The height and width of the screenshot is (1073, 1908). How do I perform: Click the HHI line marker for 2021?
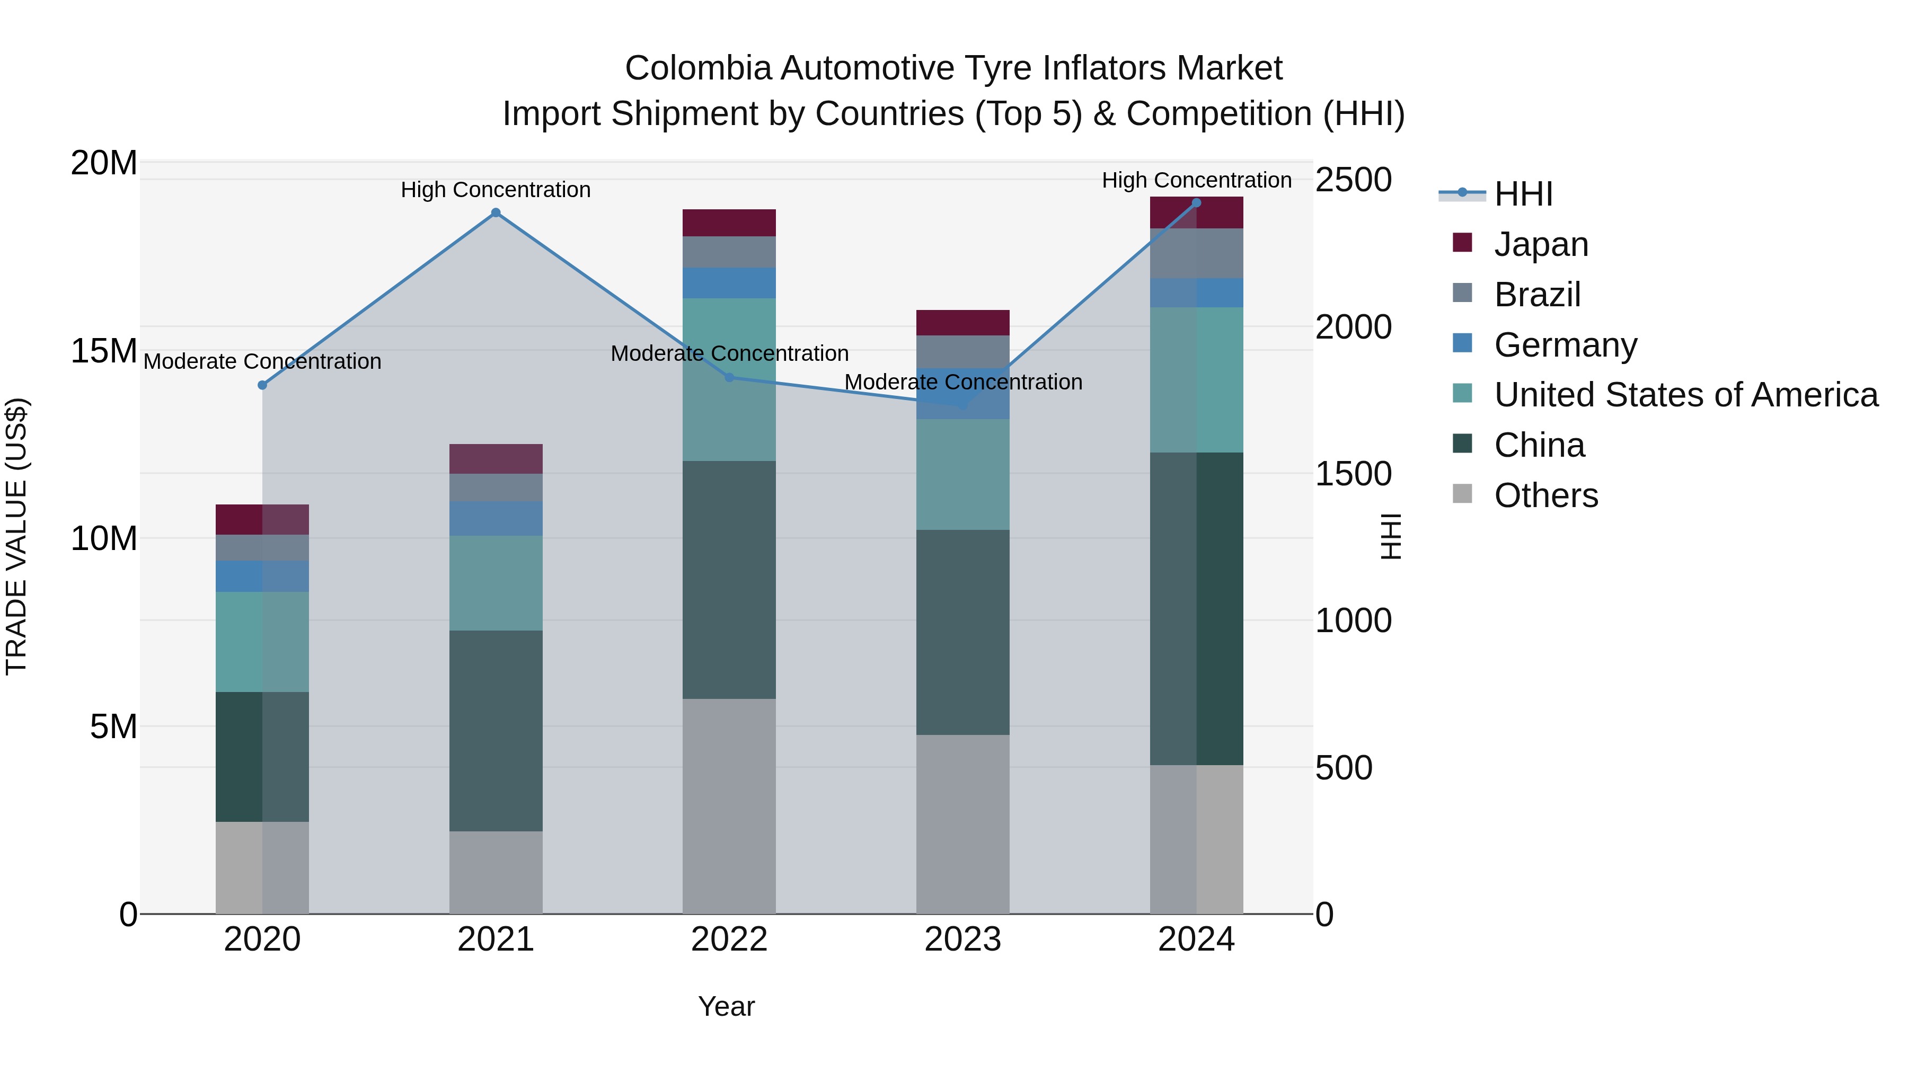tap(496, 213)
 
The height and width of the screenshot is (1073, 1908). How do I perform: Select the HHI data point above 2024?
tap(1196, 203)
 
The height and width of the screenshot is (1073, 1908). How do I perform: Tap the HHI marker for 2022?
tap(729, 378)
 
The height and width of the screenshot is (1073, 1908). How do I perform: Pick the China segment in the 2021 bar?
tap(496, 730)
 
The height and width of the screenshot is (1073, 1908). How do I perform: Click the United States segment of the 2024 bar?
tap(1196, 379)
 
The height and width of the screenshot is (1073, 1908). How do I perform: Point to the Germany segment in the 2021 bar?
tap(496, 518)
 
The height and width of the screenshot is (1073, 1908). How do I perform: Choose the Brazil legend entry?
tap(1537, 295)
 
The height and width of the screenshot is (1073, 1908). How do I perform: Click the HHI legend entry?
tap(1522, 194)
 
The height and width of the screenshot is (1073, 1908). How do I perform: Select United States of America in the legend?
tap(1685, 395)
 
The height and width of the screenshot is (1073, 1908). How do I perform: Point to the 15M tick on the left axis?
tap(104, 351)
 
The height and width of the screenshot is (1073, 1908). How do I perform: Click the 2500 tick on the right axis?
tap(1353, 180)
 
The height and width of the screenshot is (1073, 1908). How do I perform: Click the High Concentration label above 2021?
tap(496, 190)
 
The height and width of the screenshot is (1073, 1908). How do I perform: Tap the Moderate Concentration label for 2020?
tap(262, 362)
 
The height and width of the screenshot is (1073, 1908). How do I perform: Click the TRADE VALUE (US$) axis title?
tap(16, 536)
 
